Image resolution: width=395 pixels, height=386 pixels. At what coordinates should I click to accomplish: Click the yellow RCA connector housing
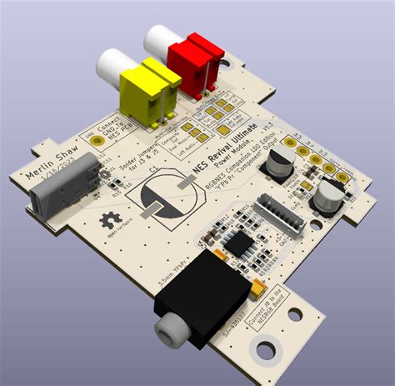pos(150,92)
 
